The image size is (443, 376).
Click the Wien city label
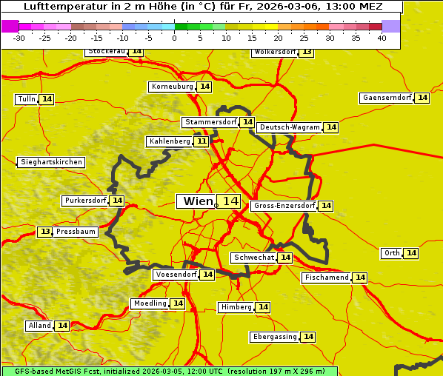pos(196,201)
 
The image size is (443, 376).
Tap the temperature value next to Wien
pos(230,201)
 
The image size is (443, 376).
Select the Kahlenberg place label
pos(170,141)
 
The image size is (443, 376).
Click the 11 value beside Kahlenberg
pos(201,141)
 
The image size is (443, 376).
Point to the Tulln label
pos(26,99)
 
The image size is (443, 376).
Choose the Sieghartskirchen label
pos(51,162)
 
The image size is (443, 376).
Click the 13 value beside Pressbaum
pos(45,232)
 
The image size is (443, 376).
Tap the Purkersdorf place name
pos(85,201)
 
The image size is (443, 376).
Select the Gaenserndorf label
pos(386,98)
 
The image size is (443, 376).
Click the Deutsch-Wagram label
pos(290,127)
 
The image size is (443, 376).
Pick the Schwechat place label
pos(253,258)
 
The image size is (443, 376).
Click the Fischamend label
pos(325,278)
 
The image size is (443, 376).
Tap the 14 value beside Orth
pos(411,253)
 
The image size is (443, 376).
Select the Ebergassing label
pos(274,337)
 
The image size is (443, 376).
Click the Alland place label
pos(39,326)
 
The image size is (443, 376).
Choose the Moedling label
pos(150,303)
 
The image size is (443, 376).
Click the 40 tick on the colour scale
pos(382,38)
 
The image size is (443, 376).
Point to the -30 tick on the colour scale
pos(19,38)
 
